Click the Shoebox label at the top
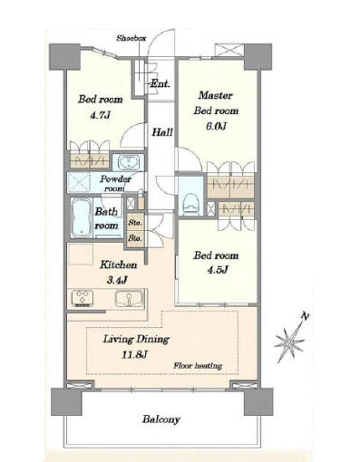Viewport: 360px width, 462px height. [131, 38]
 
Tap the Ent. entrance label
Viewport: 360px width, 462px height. [161, 83]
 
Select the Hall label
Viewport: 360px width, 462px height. [162, 132]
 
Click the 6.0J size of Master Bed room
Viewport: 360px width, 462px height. [216, 126]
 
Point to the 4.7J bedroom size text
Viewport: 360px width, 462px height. [100, 115]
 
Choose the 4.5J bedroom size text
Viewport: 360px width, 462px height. [218, 270]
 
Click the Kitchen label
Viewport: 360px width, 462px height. [118, 265]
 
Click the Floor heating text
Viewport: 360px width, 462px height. [198, 366]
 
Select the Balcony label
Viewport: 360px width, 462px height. [161, 419]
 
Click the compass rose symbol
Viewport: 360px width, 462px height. [289, 342]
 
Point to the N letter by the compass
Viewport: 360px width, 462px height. [305, 316]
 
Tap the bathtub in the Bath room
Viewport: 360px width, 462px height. [82, 217]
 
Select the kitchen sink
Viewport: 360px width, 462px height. [129, 299]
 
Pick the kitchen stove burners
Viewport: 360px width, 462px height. [82, 298]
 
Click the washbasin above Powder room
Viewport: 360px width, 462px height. [128, 163]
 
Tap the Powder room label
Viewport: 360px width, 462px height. [115, 183]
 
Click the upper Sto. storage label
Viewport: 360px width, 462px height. [135, 223]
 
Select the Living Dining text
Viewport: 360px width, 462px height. [136, 340]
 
